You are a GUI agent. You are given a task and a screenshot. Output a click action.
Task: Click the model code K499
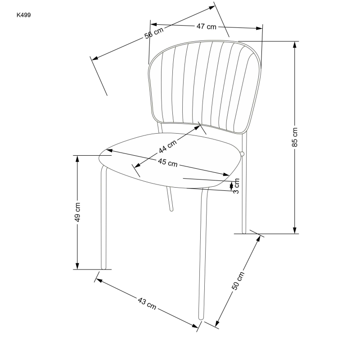(24, 15)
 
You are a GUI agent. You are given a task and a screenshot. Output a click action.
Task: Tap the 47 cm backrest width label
(207, 27)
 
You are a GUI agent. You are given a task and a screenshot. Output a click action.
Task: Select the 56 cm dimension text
(154, 33)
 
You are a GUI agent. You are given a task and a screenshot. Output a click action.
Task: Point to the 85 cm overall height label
(295, 137)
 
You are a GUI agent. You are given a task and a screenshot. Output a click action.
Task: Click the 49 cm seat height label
(77, 212)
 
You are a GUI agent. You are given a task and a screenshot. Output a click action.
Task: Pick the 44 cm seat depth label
(167, 146)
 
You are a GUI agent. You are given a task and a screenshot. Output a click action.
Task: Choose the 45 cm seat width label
(167, 162)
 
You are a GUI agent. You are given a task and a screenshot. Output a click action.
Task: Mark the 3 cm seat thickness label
(236, 186)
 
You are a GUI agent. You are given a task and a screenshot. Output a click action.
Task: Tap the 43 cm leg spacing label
(147, 303)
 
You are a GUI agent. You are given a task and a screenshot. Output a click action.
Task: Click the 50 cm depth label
(238, 281)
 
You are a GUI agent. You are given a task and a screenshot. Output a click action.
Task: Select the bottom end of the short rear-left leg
(171, 210)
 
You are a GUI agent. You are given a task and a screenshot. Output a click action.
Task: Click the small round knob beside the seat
(242, 154)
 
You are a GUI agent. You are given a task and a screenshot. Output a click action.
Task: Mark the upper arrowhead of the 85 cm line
(295, 45)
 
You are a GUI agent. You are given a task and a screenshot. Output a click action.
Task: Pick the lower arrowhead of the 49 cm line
(77, 266)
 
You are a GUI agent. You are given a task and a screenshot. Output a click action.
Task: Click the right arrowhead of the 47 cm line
(259, 28)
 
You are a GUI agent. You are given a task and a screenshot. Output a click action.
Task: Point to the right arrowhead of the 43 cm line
(195, 326)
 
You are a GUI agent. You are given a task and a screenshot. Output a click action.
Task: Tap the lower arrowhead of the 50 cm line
(217, 323)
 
